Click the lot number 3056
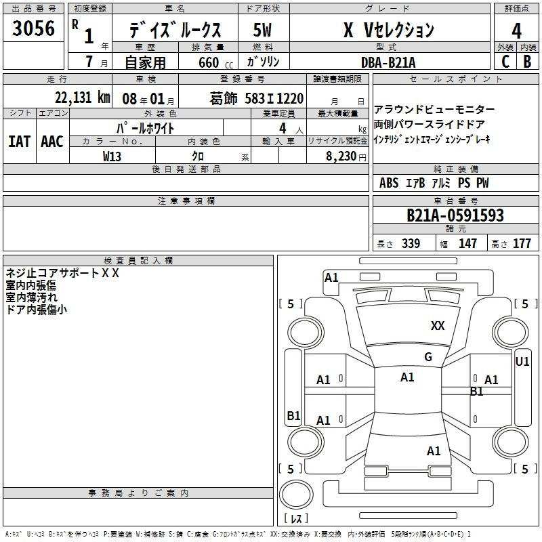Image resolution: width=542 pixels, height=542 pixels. [x=33, y=28]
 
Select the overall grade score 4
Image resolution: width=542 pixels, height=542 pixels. [x=516, y=31]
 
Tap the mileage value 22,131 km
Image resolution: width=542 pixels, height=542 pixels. [x=83, y=98]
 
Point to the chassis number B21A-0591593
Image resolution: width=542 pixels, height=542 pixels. [x=455, y=215]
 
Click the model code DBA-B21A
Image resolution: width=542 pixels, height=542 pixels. [x=388, y=62]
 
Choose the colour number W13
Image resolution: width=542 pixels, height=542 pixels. [x=112, y=157]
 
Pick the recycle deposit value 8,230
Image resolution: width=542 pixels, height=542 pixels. [x=341, y=157]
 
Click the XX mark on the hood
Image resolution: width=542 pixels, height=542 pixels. [x=438, y=326]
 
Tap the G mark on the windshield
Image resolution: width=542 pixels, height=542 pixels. [x=428, y=357]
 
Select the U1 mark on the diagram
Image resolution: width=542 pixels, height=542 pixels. [x=522, y=362]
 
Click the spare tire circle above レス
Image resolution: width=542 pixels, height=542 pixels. [x=296, y=495]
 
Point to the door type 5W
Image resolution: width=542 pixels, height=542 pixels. [x=262, y=30]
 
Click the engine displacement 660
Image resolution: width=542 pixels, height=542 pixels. [x=209, y=62]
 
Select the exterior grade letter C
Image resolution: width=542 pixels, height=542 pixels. [x=505, y=62]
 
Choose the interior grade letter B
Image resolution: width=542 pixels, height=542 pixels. [x=527, y=62]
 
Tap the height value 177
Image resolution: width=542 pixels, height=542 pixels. [x=522, y=243]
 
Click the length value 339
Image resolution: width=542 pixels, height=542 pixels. [x=411, y=243]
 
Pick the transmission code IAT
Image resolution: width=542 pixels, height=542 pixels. [x=20, y=142]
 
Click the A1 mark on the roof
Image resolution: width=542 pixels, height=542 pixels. [x=407, y=377]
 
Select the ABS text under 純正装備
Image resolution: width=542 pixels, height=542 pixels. [x=389, y=183]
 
